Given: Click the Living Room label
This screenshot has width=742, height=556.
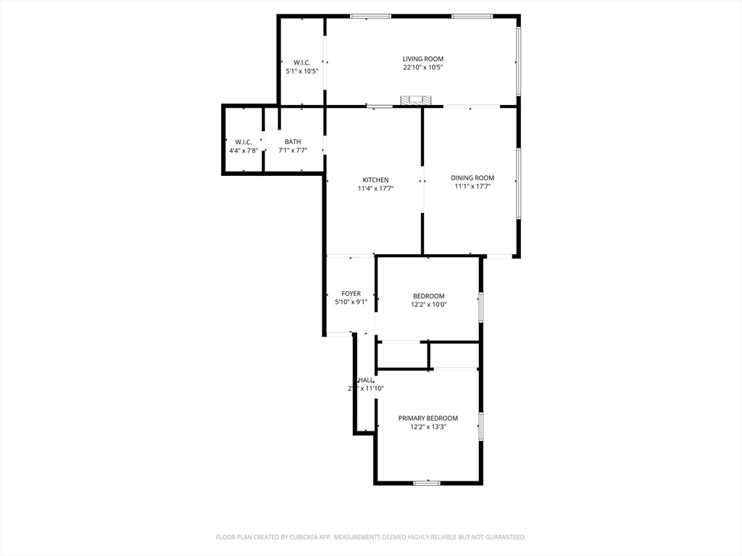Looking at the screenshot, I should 422,59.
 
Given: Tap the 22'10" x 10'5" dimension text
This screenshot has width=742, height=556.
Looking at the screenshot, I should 422,67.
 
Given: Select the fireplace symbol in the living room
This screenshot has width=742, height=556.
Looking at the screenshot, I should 416,100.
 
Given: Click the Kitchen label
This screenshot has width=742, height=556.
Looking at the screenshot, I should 375,180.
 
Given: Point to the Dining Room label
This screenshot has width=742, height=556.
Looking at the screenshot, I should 472,177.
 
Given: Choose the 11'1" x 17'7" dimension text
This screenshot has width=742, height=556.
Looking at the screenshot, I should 472,186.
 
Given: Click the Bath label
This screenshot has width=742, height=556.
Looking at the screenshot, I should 293,142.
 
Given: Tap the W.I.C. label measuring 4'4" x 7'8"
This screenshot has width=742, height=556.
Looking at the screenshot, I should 243,142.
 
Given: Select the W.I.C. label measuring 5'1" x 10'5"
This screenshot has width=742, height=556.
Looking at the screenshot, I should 302,62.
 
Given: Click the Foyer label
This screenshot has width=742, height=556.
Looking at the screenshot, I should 351,293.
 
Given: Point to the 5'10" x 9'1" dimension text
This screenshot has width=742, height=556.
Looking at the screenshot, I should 351,302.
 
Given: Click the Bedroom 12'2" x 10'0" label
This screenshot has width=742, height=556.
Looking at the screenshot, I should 429,295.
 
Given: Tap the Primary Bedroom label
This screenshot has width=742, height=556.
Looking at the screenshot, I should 428,418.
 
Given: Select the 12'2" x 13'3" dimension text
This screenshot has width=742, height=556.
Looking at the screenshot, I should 428,427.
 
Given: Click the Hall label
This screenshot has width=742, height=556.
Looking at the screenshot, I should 366,380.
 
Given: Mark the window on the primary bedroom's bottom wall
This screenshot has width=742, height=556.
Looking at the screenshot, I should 427,482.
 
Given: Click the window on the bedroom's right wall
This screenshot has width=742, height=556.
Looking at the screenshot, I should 480,306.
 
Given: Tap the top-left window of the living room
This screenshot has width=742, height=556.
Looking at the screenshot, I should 370,16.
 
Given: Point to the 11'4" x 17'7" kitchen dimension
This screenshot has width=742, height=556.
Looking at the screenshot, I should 375,188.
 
